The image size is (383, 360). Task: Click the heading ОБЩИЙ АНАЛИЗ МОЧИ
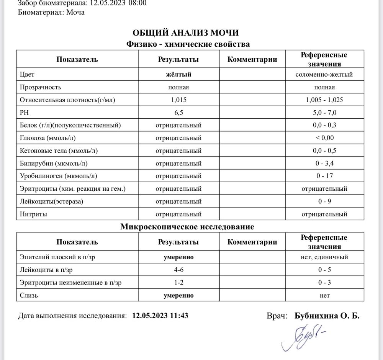[188, 33]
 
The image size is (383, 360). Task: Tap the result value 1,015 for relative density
[178, 100]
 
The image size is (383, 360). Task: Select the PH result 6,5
[178, 113]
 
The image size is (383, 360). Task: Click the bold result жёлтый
[178, 74]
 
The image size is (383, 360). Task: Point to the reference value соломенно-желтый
[324, 74]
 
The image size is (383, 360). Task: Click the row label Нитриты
[33, 214]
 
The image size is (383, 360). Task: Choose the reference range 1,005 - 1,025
[324, 100]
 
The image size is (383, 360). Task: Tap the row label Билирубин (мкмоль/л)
[54, 164]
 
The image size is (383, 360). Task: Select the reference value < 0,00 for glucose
[324, 138]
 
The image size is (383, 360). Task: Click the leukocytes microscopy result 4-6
[178, 270]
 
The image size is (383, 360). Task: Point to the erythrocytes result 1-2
[178, 283]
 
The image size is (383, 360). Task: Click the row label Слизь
[29, 295]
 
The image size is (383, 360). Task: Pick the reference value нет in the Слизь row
[324, 295]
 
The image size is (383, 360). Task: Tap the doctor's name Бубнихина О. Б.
[327, 316]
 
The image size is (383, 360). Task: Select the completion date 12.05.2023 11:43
[160, 316]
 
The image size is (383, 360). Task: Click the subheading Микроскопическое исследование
[187, 227]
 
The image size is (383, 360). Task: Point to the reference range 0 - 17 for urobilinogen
[324, 176]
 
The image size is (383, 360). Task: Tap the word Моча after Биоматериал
[75, 12]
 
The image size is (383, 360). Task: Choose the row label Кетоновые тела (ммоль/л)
[59, 151]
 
